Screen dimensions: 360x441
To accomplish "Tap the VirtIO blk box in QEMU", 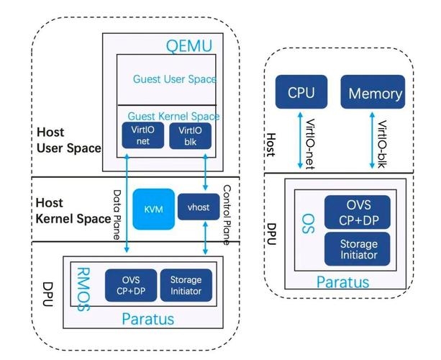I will (189, 135).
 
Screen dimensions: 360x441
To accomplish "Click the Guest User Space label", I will (175, 79).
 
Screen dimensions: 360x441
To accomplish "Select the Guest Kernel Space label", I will (173, 116).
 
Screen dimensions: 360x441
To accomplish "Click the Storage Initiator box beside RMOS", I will (186, 285).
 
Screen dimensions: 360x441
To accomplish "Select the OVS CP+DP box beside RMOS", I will (132, 285).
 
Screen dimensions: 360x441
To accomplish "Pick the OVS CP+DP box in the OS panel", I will (358, 212).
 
